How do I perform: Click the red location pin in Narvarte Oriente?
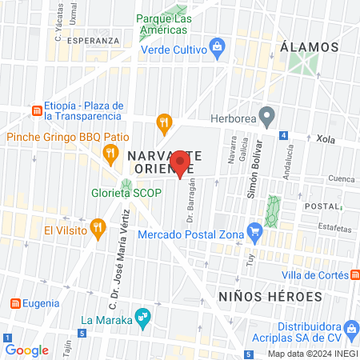coord(180,162)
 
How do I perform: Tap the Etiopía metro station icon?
coord(35,110)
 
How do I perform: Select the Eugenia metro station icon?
coord(15,303)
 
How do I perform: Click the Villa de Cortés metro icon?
coord(352,274)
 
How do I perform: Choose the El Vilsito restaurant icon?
coord(98,228)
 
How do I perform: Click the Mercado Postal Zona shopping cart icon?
coord(255,234)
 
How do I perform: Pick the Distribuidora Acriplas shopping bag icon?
coord(350,328)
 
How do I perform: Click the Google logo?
coord(26,350)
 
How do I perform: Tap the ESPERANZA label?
coord(88,38)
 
